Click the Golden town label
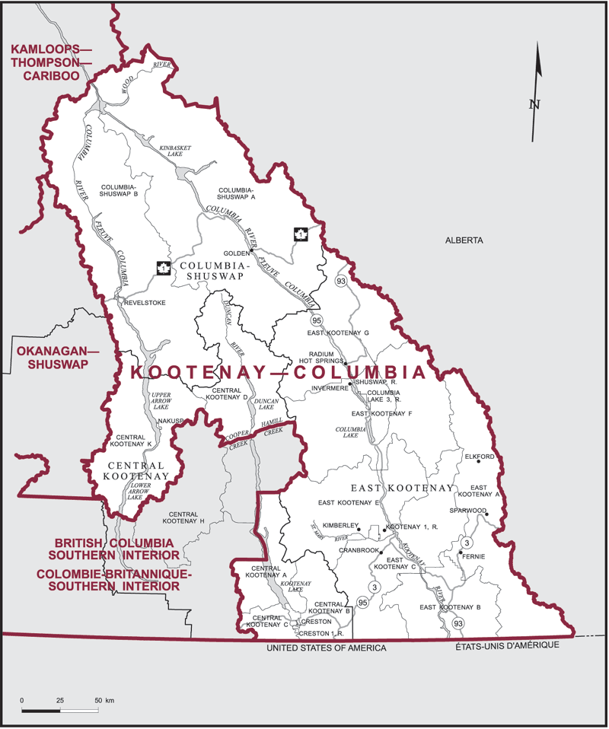[236, 253]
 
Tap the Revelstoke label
[144, 302]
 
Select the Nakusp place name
[172, 421]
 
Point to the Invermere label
[329, 388]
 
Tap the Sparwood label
[467, 511]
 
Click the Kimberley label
[339, 526]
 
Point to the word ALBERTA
[464, 240]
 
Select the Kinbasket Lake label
[171, 150]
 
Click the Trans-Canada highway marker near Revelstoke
[162, 267]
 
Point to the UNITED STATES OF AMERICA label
[326, 648]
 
